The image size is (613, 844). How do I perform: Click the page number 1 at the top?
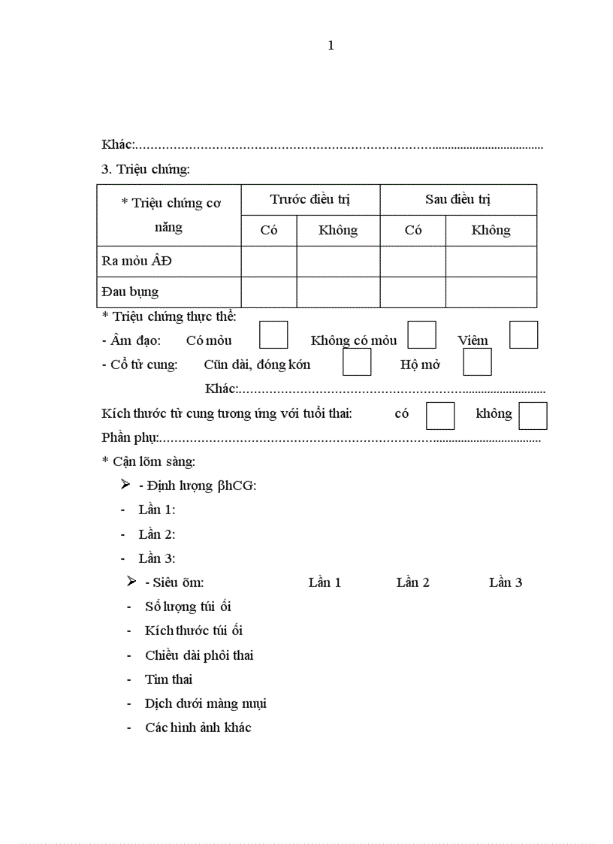point(331,46)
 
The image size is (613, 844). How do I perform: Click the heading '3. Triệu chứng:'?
point(146,169)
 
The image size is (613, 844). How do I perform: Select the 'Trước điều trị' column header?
point(310,199)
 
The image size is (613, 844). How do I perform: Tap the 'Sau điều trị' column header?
point(457,199)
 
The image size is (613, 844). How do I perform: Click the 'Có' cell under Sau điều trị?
point(412,230)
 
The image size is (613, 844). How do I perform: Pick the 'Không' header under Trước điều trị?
point(337,230)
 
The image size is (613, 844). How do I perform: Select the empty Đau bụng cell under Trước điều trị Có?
point(269,292)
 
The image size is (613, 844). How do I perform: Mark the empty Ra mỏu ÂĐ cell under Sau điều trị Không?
point(491,261)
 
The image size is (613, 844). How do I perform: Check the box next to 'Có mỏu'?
point(273,334)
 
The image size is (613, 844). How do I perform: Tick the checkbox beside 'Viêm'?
point(523,334)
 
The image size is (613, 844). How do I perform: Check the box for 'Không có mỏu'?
point(421,334)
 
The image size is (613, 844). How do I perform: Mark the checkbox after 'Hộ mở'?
point(477,361)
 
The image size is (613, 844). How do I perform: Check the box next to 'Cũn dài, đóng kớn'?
point(357,361)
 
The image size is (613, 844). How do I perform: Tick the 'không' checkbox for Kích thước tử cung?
point(533,415)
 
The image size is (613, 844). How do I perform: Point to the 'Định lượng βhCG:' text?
point(198,486)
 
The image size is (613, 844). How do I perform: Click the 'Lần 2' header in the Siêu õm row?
point(412,582)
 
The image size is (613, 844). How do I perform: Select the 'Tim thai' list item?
point(168,679)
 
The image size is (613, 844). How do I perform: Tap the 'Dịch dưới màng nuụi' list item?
point(205,703)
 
